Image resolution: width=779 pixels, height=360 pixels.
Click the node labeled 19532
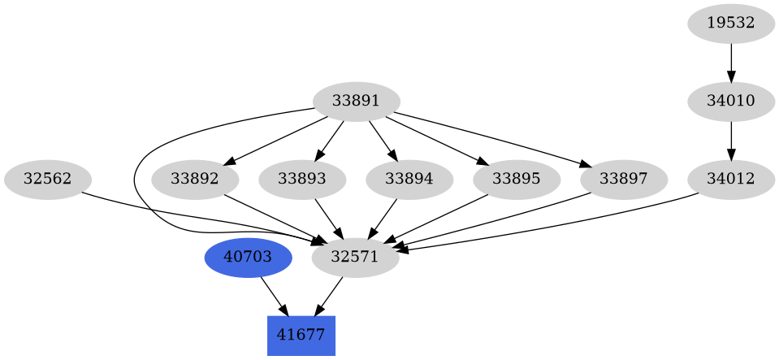click(730, 24)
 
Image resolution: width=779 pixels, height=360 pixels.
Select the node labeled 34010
click(730, 102)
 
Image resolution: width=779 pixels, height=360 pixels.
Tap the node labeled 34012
click(730, 179)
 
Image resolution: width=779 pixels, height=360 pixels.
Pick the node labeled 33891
click(356, 102)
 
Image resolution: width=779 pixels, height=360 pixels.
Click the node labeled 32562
click(47, 179)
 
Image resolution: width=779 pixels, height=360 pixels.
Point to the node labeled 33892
click(195, 179)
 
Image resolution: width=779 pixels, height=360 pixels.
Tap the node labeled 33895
click(516, 179)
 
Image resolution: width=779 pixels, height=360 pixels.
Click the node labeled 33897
click(623, 179)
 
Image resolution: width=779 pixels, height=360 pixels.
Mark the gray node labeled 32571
click(356, 257)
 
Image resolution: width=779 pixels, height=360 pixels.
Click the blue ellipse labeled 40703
click(248, 257)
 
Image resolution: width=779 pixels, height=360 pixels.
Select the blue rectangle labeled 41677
click(301, 335)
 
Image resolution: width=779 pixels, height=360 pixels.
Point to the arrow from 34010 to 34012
click(730, 140)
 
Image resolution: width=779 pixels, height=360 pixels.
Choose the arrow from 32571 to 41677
click(329, 296)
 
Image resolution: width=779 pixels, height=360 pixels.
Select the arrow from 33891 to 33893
click(329, 140)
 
